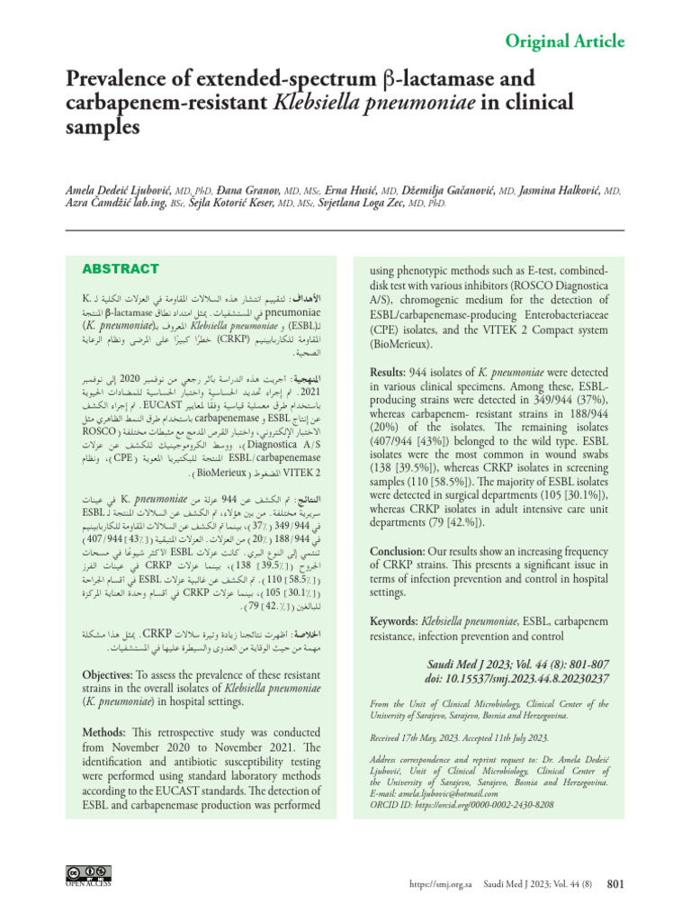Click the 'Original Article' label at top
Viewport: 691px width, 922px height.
tap(564, 41)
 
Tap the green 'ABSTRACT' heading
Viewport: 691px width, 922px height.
tap(121, 268)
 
